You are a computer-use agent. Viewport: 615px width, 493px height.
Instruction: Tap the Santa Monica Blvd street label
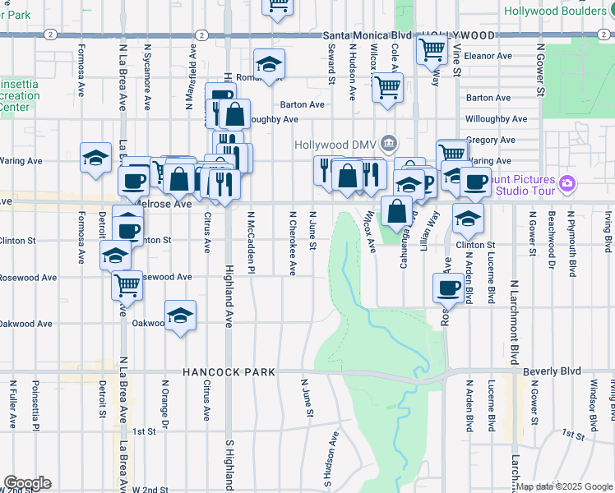366,35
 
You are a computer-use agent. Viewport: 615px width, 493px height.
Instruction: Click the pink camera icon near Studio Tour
566,182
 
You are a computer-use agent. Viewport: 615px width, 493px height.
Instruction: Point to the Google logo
27,483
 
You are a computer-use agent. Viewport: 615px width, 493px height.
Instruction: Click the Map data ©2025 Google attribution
564,486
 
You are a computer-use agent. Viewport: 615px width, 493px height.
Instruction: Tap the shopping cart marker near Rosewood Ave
127,285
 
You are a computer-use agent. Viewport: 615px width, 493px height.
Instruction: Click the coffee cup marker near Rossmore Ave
449,288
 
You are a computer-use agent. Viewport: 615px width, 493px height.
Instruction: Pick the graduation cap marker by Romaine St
268,64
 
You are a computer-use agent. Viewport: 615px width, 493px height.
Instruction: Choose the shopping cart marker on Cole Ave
387,85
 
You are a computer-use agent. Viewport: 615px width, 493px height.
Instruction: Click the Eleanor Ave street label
488,56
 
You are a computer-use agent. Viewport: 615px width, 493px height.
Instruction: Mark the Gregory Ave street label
490,141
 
